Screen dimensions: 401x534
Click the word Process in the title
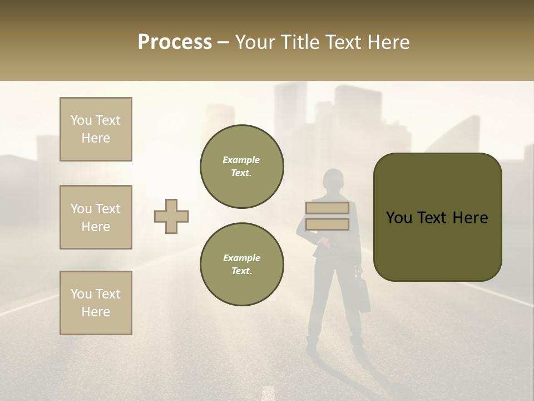(x=175, y=42)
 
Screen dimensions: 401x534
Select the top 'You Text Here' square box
(x=96, y=129)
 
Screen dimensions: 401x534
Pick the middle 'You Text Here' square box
(x=96, y=217)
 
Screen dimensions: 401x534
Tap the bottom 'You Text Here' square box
(x=96, y=303)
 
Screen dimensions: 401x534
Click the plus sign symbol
(x=171, y=217)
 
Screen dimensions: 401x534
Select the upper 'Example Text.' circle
(x=242, y=167)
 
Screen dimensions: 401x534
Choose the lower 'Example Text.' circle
(x=242, y=265)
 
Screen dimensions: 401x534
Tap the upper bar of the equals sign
(x=327, y=208)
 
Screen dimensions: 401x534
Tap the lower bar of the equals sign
(x=327, y=224)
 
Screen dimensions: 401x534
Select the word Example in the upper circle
(x=241, y=160)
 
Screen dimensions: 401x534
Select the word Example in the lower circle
(x=241, y=258)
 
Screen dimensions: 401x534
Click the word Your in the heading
(x=254, y=42)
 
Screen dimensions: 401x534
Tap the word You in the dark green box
(x=399, y=218)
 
